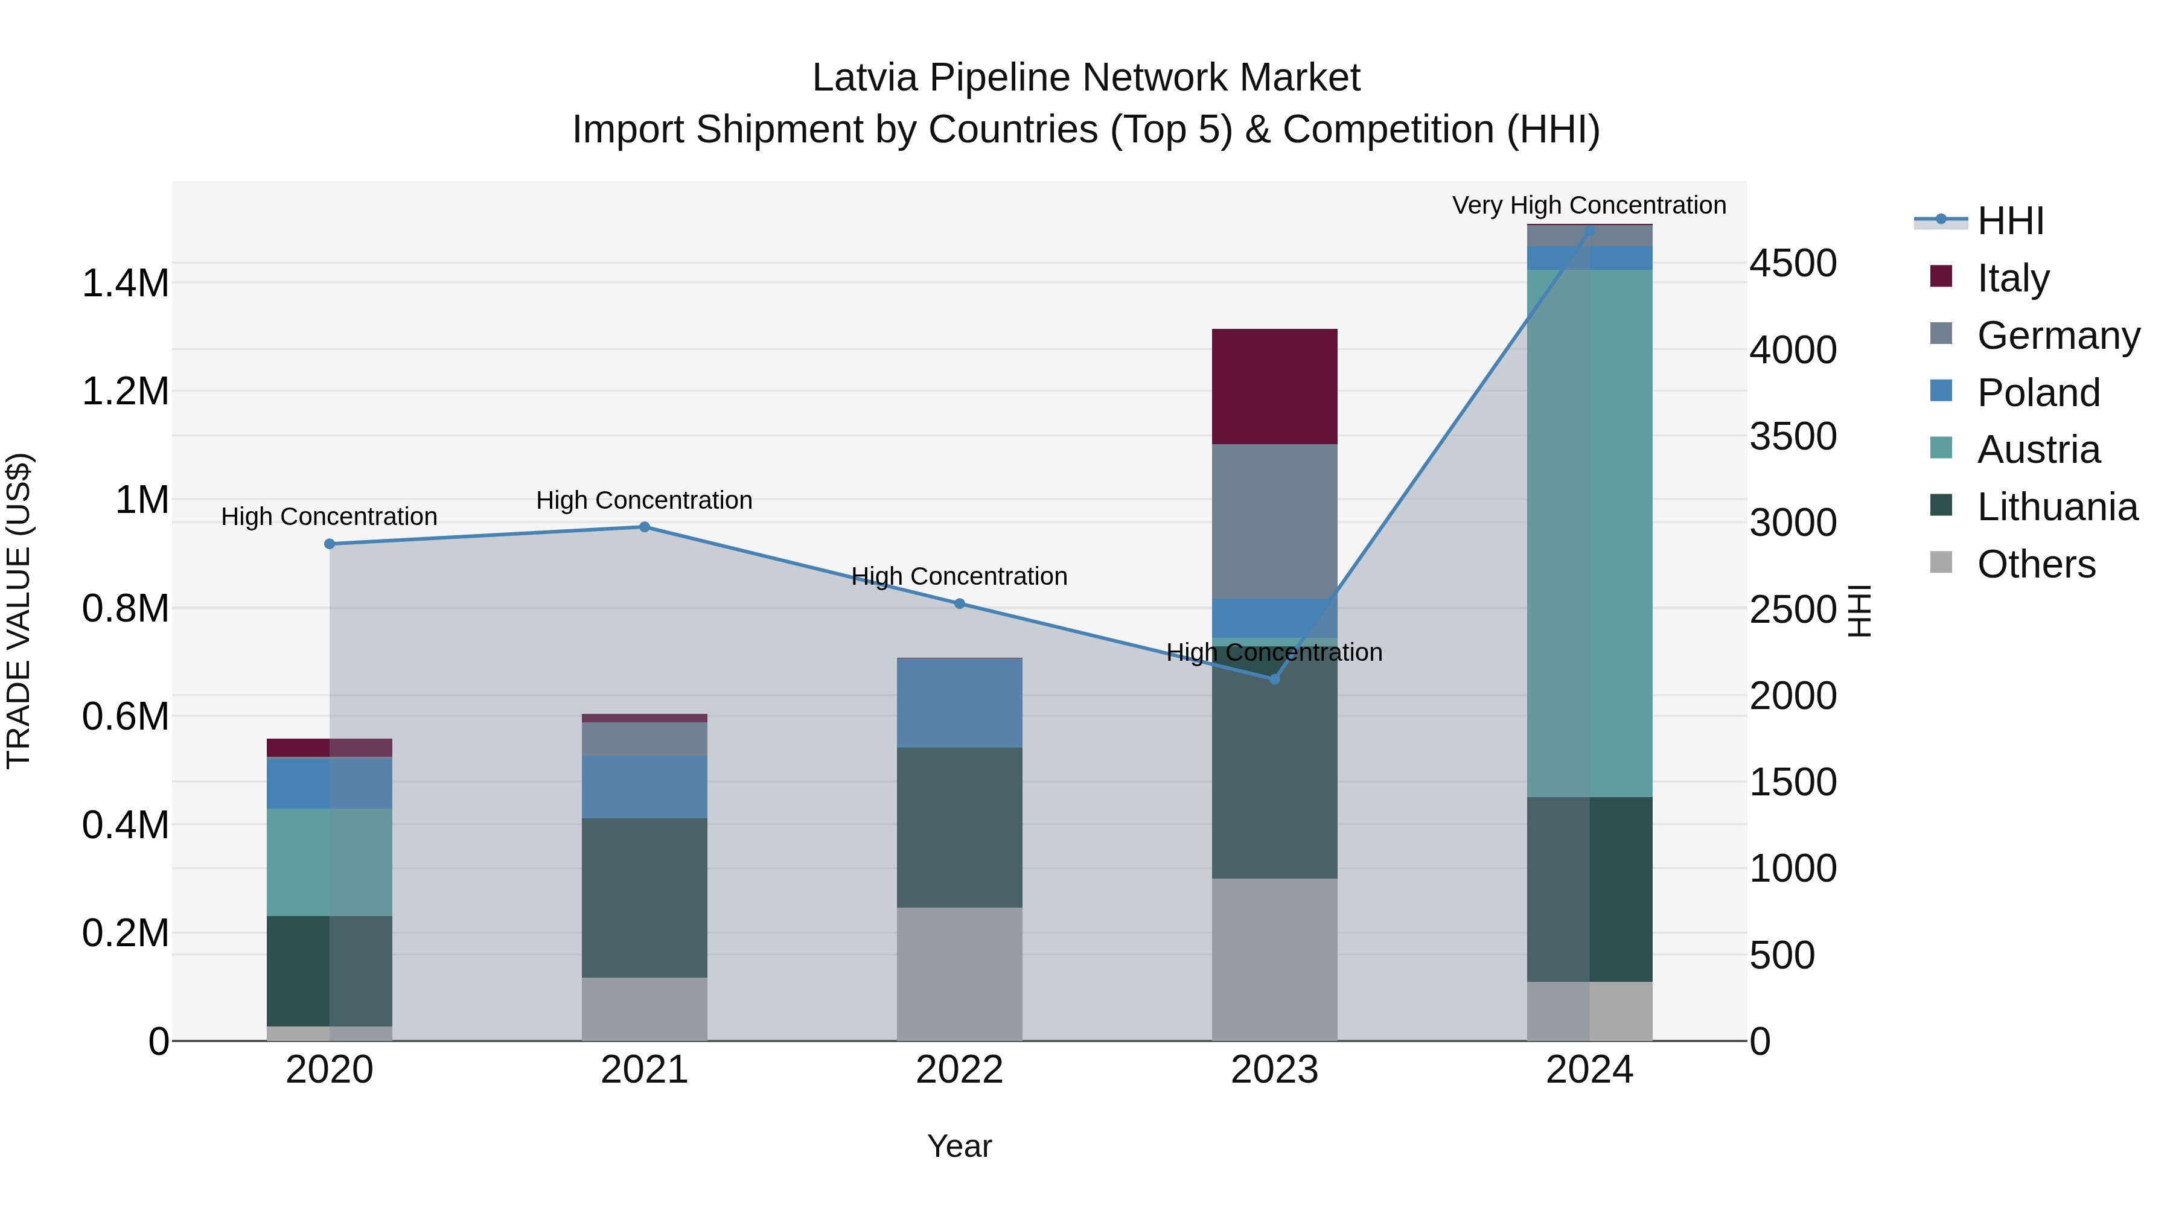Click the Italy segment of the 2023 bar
pos(1274,386)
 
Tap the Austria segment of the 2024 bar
pos(1589,533)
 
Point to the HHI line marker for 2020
pos(330,544)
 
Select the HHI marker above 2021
pos(645,527)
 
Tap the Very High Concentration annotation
pos(1589,205)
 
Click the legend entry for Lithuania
pos(2057,507)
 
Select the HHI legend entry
pos(2010,221)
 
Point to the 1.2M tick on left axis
pos(125,391)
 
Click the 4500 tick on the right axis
pos(1793,263)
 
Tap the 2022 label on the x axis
pos(959,1070)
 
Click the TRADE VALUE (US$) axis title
pos(19,611)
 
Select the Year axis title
pos(959,1146)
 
